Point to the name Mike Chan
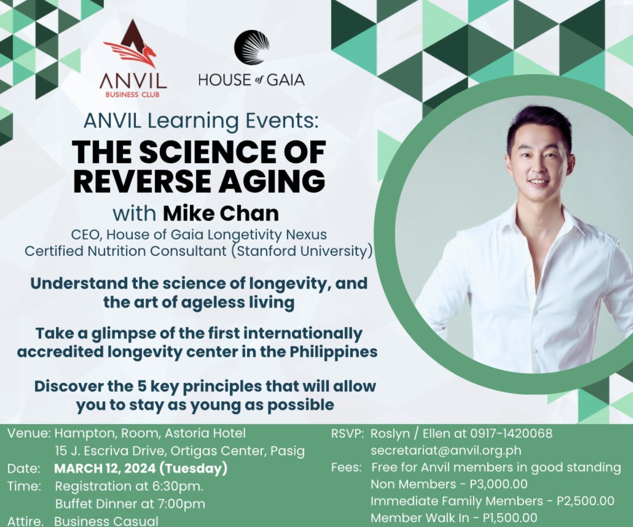click(221, 213)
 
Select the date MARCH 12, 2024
click(105, 468)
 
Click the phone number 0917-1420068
click(511, 433)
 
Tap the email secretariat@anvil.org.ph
click(446, 450)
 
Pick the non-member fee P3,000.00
click(499, 484)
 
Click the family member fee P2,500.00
click(586, 501)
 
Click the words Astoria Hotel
click(205, 433)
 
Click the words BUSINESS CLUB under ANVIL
click(132, 95)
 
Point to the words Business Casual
click(106, 521)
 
